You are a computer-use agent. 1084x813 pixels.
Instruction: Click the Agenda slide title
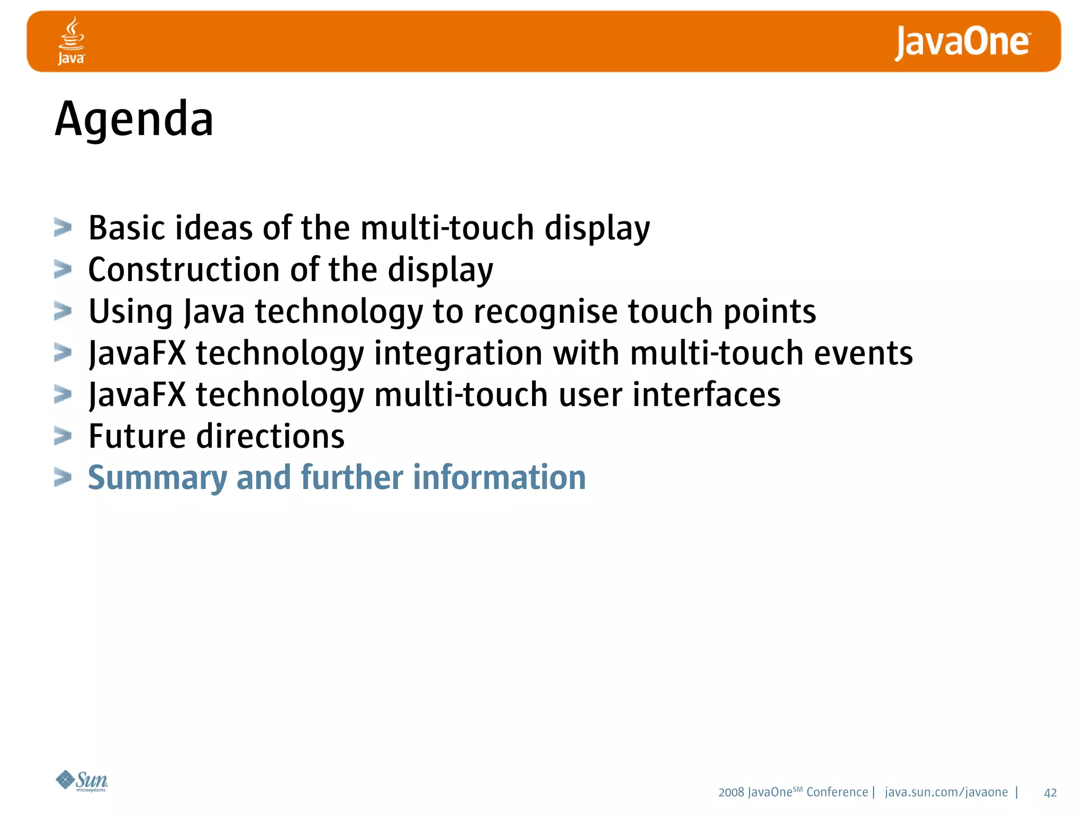tap(134, 120)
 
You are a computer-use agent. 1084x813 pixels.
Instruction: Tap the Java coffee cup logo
tap(71, 40)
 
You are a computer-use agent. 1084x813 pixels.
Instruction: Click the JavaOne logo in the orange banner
tap(962, 42)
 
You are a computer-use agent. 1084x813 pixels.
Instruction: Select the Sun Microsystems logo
tap(82, 781)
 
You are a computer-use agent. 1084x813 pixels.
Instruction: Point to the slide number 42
tap(1050, 792)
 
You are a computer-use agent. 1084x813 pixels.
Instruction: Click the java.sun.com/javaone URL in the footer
tap(946, 792)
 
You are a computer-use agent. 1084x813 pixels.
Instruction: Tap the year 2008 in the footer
tap(731, 792)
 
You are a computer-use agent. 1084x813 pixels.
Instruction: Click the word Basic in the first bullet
tap(127, 228)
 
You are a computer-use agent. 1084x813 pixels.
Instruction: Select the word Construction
tap(184, 269)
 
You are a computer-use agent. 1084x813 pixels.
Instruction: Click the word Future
tap(137, 437)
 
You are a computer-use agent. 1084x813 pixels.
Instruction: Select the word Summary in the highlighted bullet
tap(157, 478)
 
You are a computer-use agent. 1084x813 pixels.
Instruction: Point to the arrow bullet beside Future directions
tap(62, 437)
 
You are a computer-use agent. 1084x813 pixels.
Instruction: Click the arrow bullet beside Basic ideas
tap(62, 228)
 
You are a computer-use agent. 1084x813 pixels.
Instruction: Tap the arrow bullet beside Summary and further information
tap(62, 478)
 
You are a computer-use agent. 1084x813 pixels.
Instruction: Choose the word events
tap(863, 353)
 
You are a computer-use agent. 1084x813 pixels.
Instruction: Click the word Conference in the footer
tap(837, 792)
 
